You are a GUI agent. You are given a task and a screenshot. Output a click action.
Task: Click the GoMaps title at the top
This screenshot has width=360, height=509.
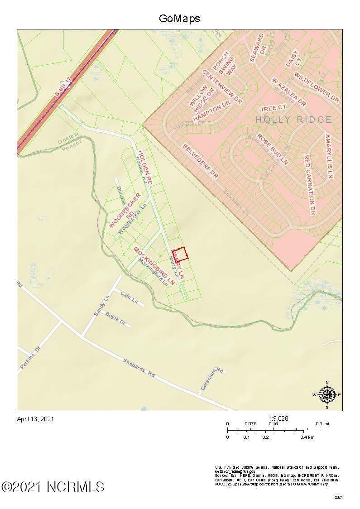(179, 19)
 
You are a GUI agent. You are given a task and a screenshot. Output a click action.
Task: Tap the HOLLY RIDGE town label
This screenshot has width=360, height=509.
(293, 120)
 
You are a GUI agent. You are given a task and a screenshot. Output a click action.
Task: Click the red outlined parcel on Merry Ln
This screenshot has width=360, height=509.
(181, 254)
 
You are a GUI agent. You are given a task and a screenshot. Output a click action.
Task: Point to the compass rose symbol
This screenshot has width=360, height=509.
(326, 395)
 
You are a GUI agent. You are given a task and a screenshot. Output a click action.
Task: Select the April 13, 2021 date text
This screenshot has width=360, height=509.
(35, 419)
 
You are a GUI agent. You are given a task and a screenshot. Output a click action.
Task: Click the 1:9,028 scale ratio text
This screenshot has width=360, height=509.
(278, 418)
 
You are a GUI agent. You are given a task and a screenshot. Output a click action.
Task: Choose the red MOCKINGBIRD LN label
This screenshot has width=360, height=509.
(154, 265)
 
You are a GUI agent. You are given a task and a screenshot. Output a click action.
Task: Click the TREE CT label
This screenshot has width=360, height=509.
(274, 108)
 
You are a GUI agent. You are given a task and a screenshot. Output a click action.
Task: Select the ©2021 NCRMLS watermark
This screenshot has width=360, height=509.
(53, 487)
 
